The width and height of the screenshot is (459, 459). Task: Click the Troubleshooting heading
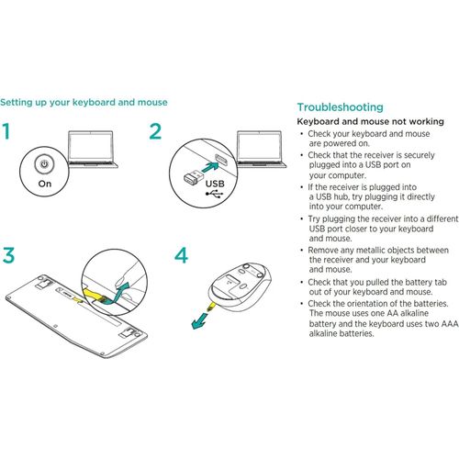click(340, 107)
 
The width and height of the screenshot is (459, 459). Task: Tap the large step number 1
click(6, 131)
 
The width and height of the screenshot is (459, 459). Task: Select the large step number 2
click(155, 131)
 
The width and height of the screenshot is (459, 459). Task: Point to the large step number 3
click(8, 255)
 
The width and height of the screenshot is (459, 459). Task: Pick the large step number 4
click(181, 255)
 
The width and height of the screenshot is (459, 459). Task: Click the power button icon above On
click(45, 164)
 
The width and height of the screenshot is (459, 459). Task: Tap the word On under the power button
click(45, 184)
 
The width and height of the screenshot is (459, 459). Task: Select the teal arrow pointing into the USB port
click(210, 167)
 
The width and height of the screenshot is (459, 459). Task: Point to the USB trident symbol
click(215, 194)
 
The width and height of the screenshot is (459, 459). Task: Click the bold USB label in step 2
click(215, 184)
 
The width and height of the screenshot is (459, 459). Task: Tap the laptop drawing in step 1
click(92, 149)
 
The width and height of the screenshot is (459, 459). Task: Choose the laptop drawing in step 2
click(261, 149)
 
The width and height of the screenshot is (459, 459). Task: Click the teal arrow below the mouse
click(201, 319)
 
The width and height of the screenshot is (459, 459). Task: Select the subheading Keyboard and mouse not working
click(370, 121)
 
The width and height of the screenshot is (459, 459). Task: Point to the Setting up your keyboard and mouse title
click(84, 102)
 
